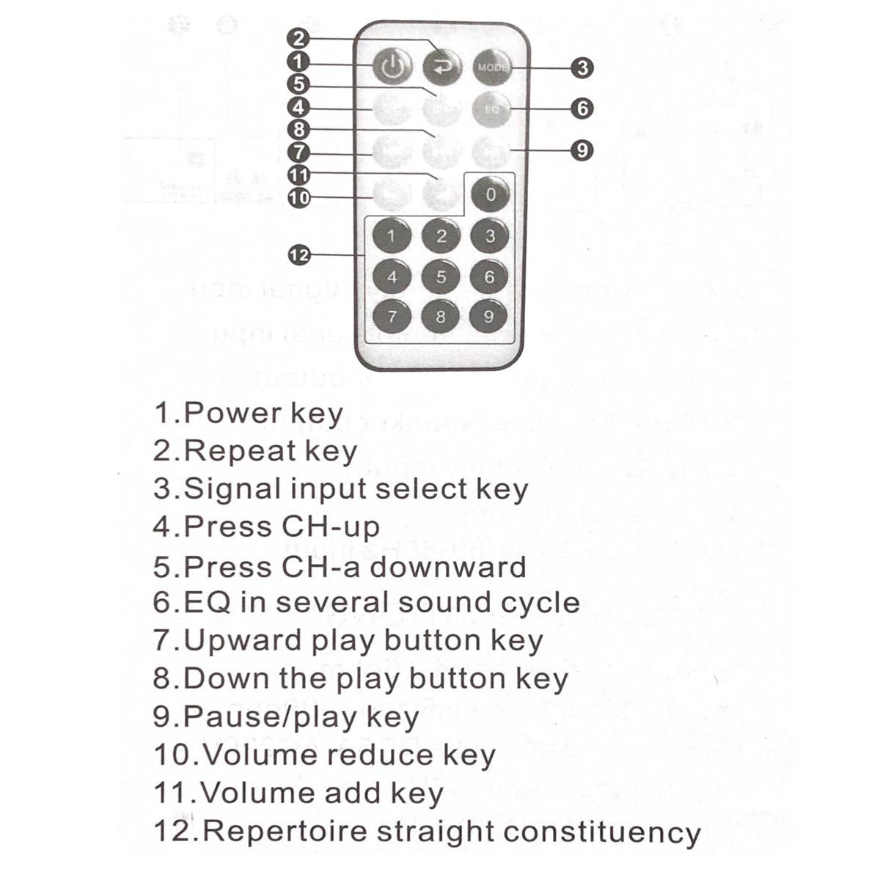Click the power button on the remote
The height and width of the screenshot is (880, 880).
point(392,67)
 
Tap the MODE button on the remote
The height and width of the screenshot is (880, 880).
point(491,67)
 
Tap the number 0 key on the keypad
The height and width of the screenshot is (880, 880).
point(491,195)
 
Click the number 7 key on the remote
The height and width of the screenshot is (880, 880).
point(392,317)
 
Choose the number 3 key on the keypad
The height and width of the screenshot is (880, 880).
point(490,236)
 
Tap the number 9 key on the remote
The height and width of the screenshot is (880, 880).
point(489,317)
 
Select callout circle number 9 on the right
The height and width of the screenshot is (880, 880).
point(582,150)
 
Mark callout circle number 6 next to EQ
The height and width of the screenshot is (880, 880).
point(582,109)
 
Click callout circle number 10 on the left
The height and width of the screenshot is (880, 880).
point(299,197)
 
